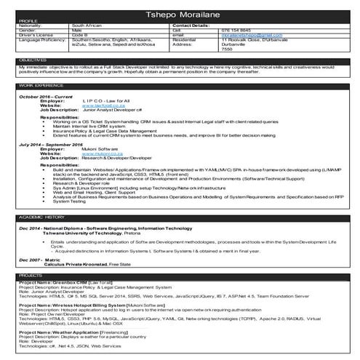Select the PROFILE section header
coord(29,20)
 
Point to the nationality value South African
coord(90,25)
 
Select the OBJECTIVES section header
coord(33,59)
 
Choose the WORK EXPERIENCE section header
coord(41,85)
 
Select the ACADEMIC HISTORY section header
coord(41,217)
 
